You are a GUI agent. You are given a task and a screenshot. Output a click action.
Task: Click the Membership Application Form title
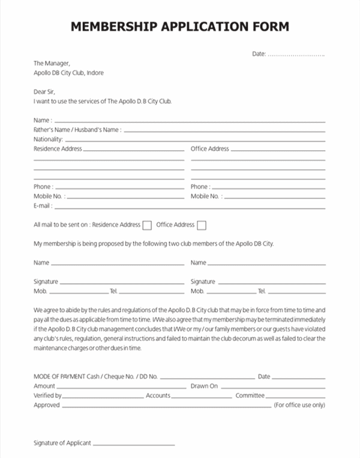(180, 26)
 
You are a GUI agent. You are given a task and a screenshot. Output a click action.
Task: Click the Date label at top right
(259, 54)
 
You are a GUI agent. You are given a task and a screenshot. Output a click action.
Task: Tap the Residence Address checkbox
(146, 225)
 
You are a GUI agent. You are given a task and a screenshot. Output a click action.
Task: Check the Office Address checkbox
(202, 225)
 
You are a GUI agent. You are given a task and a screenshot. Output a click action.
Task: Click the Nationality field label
(48, 139)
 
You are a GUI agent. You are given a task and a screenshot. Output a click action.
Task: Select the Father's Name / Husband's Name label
(77, 130)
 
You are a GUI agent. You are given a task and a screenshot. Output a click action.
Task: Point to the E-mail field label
(43, 206)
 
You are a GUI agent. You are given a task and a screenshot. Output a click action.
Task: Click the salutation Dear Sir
(44, 92)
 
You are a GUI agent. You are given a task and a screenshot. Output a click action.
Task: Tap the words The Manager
(52, 63)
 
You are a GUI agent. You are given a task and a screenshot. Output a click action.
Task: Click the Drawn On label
(204, 386)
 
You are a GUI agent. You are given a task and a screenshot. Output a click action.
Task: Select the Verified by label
(47, 396)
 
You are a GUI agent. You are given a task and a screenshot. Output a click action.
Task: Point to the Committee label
(250, 396)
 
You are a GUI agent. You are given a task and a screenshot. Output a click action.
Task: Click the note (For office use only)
(299, 405)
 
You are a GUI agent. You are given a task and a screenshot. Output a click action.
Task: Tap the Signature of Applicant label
(62, 443)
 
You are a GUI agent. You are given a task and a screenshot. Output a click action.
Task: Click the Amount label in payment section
(44, 386)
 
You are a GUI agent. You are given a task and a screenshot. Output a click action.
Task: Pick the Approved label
(47, 405)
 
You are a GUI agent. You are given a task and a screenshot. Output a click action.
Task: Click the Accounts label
(158, 396)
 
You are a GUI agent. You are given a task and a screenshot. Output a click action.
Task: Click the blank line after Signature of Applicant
(134, 444)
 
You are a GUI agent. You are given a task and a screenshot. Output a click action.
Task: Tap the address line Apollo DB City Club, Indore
(68, 73)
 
